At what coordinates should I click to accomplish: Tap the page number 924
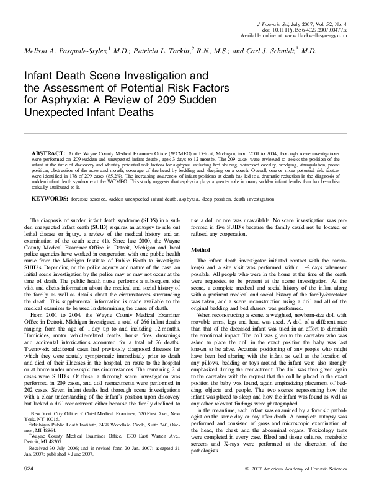27,470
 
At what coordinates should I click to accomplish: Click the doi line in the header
298,29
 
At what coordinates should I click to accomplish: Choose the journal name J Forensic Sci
272,22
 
